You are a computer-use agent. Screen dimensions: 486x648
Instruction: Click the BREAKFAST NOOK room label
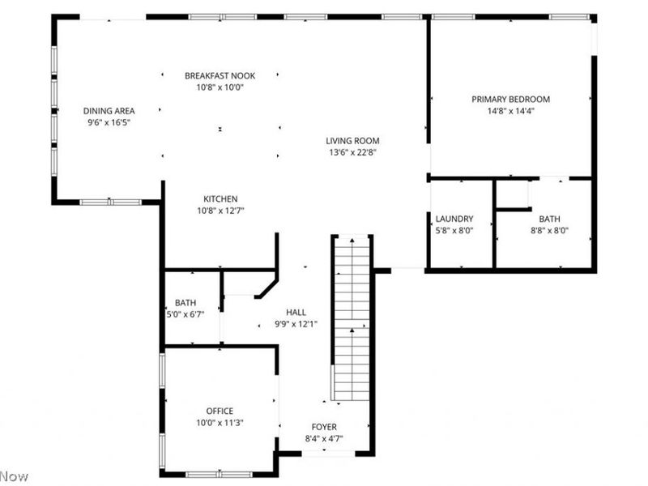(x=220, y=75)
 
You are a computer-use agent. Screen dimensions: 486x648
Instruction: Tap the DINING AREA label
(x=109, y=111)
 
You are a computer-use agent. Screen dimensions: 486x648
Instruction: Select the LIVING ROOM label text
(x=353, y=140)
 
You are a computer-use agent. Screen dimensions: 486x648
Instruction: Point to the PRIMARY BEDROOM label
(x=510, y=100)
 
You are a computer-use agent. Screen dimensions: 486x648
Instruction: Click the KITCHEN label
(x=220, y=199)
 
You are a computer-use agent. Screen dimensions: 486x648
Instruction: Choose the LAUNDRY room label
(x=454, y=220)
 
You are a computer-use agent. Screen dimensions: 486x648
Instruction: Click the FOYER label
(x=324, y=427)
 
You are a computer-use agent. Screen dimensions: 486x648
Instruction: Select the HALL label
(x=296, y=312)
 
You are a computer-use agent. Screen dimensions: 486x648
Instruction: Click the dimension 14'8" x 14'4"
(x=510, y=112)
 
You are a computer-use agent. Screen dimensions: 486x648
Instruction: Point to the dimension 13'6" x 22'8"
(x=353, y=151)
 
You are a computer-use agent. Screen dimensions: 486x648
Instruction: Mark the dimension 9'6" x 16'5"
(x=109, y=122)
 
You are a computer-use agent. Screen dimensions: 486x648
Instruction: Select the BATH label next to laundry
(x=549, y=219)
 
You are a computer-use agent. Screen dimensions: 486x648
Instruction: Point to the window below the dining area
(x=110, y=202)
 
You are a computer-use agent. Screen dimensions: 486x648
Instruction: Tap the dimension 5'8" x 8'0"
(x=454, y=230)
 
